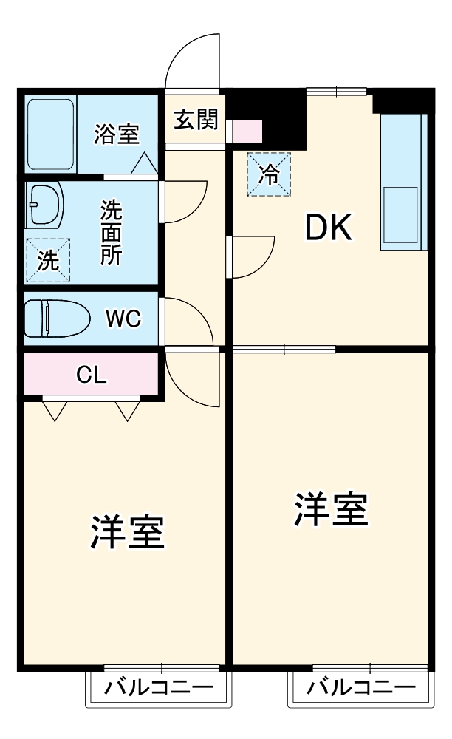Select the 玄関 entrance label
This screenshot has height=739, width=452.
tap(195, 120)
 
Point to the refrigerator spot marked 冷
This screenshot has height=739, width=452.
tap(269, 174)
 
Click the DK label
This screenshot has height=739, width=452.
tap(329, 231)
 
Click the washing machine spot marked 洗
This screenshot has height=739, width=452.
tap(47, 260)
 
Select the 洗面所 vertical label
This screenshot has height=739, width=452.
tap(112, 232)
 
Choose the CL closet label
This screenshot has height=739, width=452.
tap(92, 375)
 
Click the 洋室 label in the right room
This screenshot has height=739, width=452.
tap(332, 509)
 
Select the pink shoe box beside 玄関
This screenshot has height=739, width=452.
tap(247, 132)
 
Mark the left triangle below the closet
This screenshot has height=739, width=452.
tap(53, 411)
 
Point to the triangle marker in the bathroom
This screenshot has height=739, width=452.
tap(144, 162)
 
